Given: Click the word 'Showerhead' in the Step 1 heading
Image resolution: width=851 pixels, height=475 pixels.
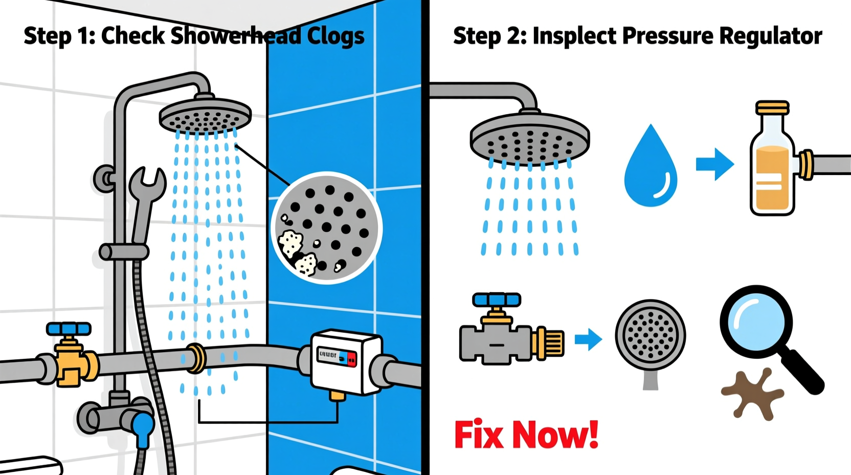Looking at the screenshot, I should (x=236, y=36).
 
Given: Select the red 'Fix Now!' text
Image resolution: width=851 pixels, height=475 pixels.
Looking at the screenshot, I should (x=526, y=435).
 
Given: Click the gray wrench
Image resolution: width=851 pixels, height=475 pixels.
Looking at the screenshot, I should (x=146, y=200).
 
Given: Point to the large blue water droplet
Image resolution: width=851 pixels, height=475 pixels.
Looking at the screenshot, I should (x=651, y=169).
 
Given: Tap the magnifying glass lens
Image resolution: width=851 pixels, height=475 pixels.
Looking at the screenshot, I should (x=756, y=320).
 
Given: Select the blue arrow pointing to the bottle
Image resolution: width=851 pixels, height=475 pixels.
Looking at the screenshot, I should (x=714, y=164).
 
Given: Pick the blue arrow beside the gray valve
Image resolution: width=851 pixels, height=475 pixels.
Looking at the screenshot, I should (x=588, y=339).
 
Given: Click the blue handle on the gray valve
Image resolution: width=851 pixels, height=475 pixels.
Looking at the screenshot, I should (x=496, y=299).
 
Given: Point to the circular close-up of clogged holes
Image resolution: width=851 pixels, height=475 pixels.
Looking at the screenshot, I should (x=326, y=228).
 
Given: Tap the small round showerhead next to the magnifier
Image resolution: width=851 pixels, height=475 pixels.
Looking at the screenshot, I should (x=650, y=335).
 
